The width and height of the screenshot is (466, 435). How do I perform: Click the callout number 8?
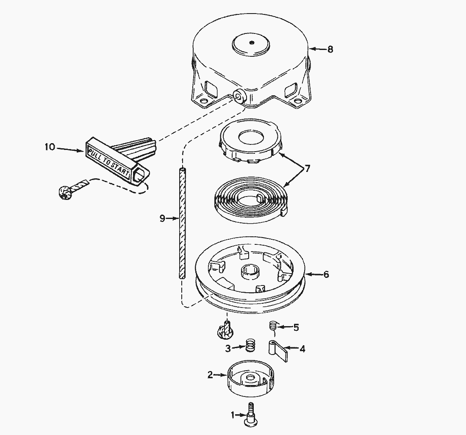click(x=330, y=49)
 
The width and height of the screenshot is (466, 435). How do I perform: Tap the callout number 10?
click(x=50, y=147)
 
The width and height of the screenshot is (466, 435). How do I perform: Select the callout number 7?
click(x=307, y=169)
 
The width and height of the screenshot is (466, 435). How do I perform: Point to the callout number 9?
click(x=162, y=219)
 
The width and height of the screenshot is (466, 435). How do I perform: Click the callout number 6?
click(x=326, y=274)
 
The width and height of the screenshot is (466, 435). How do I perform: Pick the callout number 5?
click(x=296, y=327)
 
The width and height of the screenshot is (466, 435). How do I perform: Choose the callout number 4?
click(x=302, y=349)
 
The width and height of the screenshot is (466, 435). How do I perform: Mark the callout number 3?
click(x=228, y=348)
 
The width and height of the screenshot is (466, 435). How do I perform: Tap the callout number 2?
click(x=210, y=375)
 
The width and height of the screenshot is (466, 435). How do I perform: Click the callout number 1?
click(x=233, y=415)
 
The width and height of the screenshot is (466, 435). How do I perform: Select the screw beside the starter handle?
click(x=72, y=188)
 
